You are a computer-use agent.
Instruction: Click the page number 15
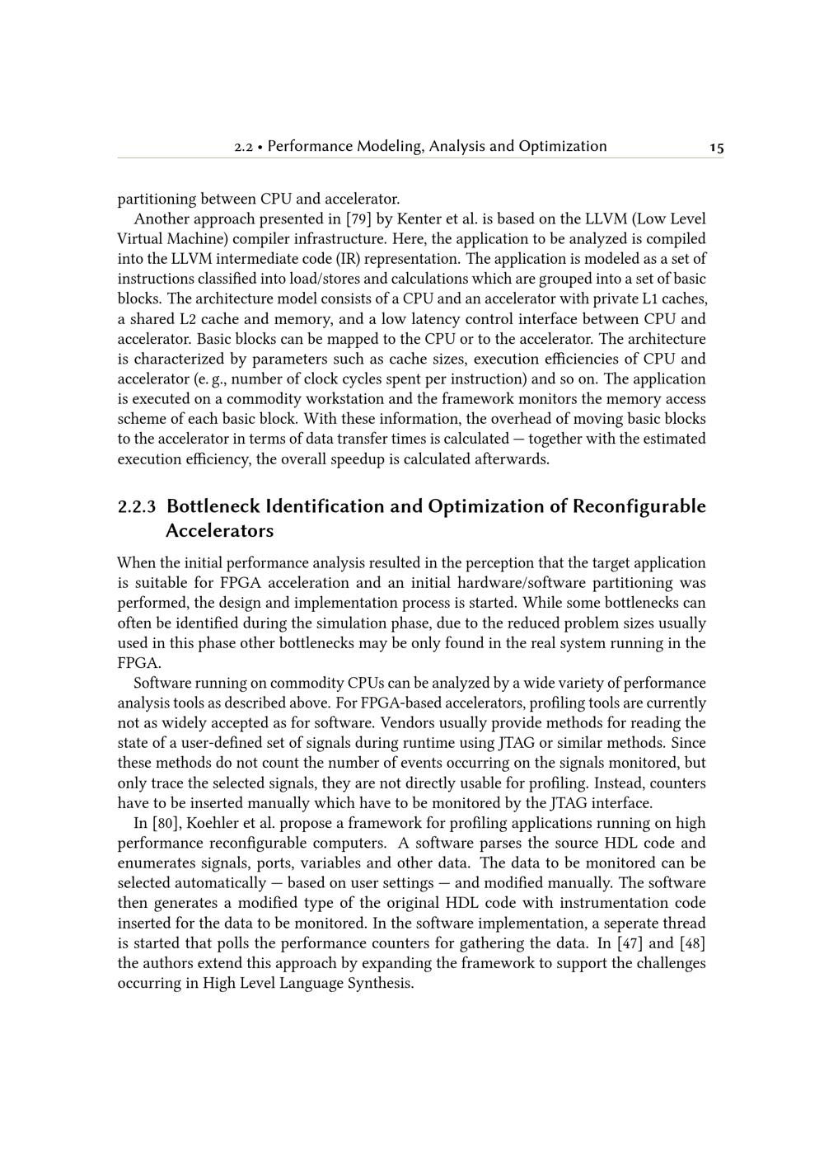(716, 148)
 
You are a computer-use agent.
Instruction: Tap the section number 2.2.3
(137, 506)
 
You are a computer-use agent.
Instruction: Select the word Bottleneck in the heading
(213, 506)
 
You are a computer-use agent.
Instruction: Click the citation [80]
(168, 823)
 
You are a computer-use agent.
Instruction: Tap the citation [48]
(691, 943)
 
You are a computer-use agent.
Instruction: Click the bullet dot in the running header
(260, 148)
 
